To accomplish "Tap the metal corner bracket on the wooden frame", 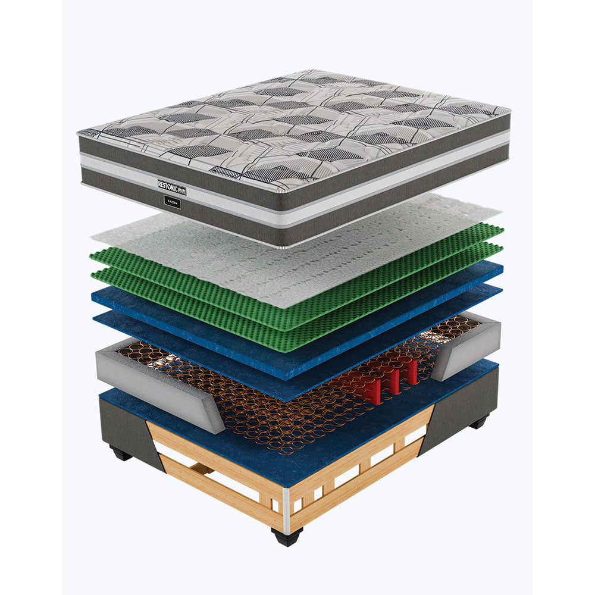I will tap(287, 509).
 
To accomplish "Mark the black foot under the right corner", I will tap(479, 424).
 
